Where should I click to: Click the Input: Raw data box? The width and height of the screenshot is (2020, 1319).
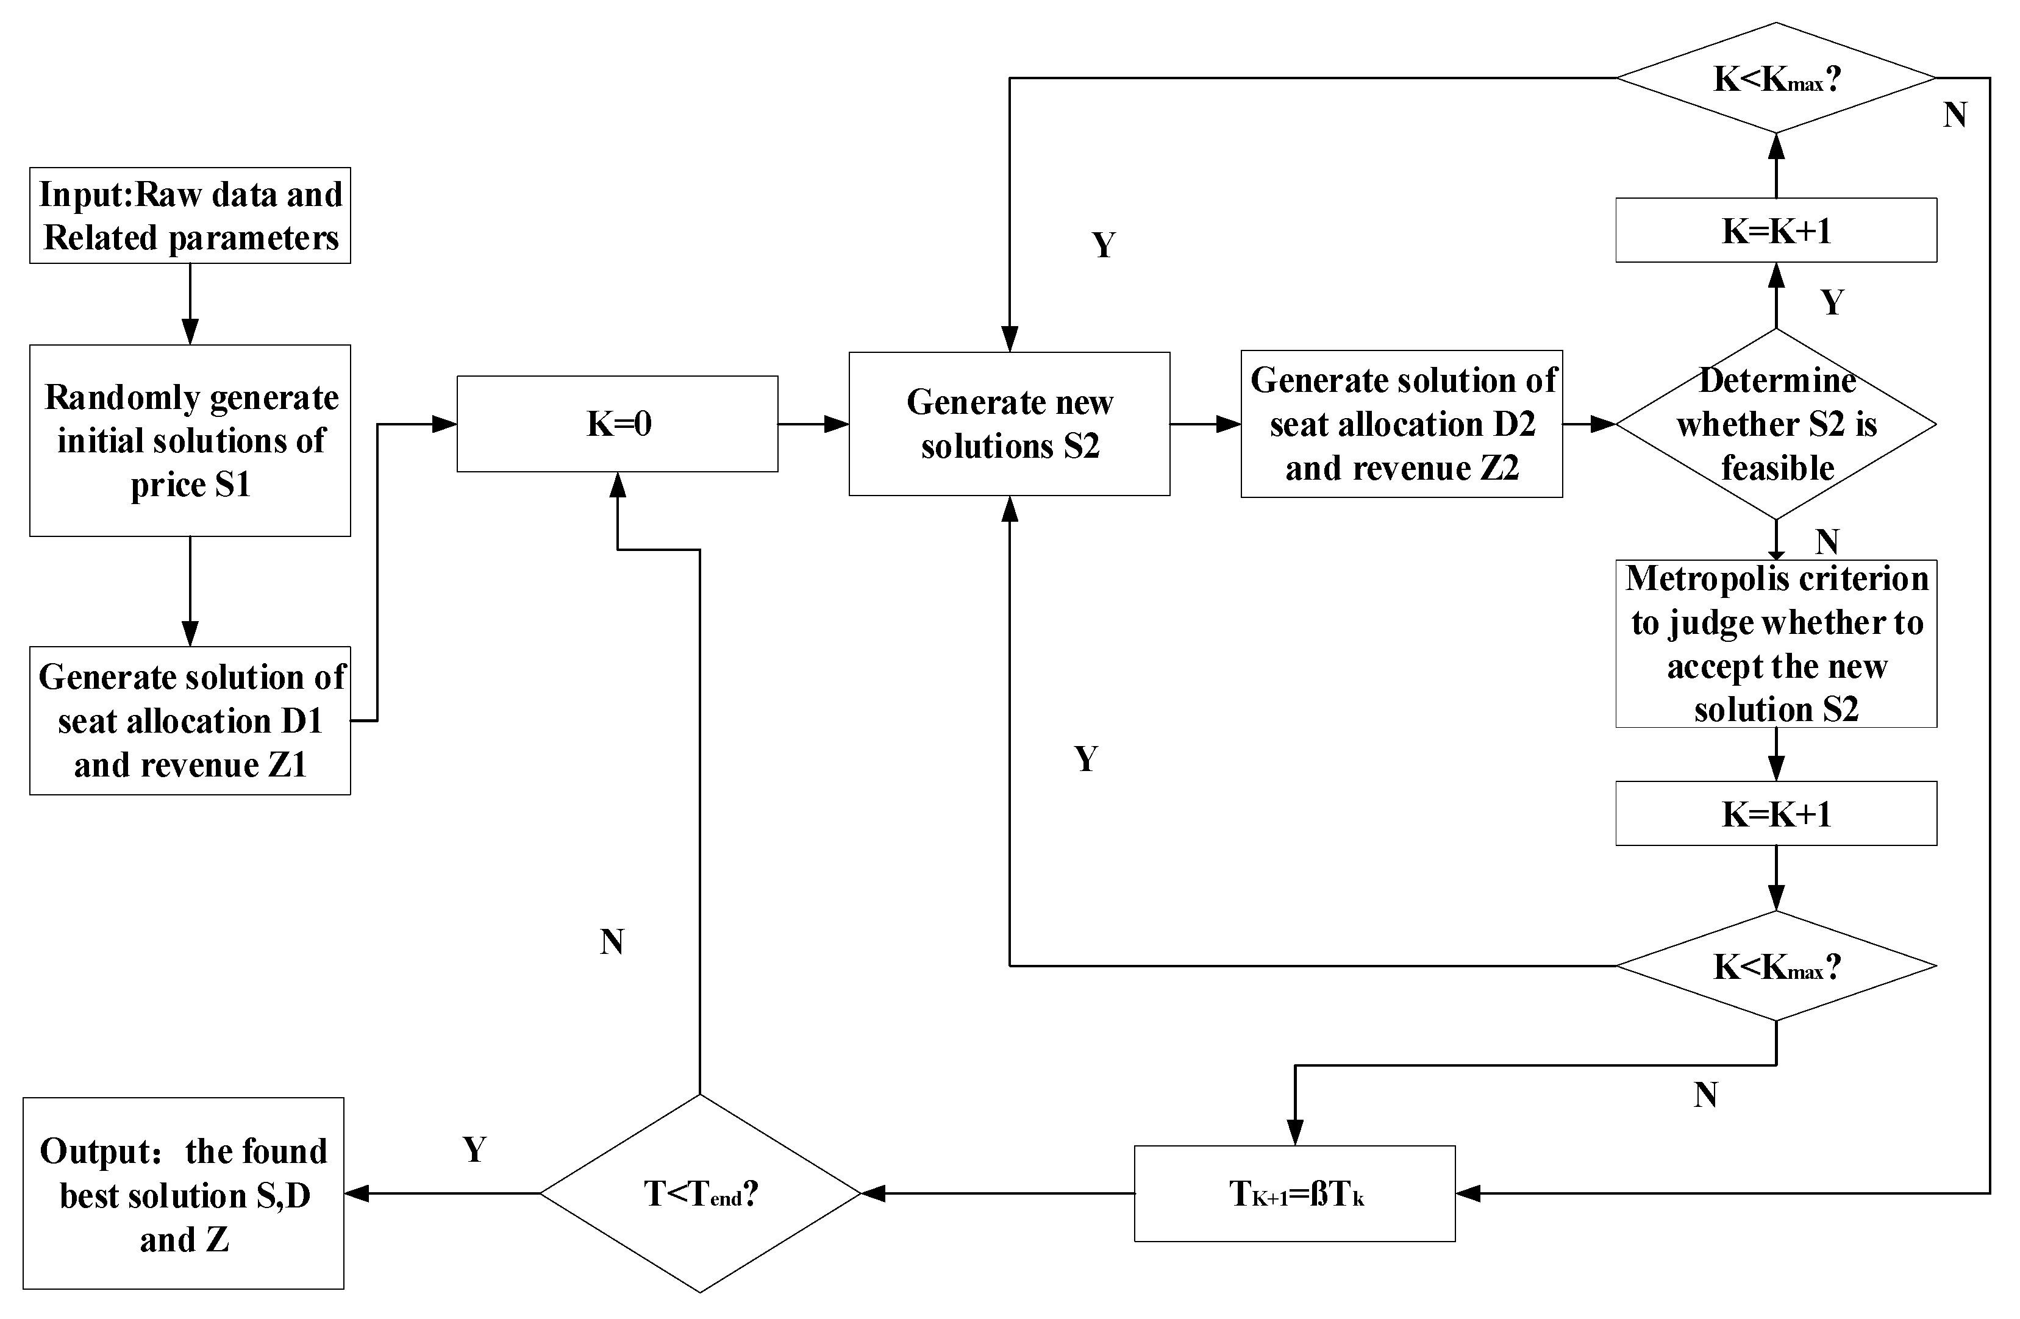[x=190, y=215]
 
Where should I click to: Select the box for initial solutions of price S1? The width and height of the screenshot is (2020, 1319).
[x=190, y=440]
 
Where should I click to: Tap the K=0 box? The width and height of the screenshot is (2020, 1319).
[x=617, y=423]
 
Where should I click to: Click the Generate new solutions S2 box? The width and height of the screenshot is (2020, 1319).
[x=1009, y=423]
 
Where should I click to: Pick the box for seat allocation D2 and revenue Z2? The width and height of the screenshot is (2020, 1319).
[x=1401, y=423]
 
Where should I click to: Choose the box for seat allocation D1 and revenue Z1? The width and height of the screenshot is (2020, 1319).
[x=190, y=720]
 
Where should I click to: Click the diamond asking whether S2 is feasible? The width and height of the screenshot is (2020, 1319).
[x=1776, y=423]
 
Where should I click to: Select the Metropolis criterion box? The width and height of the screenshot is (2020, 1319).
[x=1776, y=643]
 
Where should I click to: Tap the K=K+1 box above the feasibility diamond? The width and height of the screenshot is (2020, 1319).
[x=1776, y=230]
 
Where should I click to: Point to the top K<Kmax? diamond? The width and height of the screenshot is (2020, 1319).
[x=1776, y=78]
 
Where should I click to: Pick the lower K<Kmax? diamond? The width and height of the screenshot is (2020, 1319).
[x=1776, y=965]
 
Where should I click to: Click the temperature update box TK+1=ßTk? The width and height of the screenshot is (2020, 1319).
[x=1294, y=1193]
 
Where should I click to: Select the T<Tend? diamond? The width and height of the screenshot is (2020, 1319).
[x=700, y=1193]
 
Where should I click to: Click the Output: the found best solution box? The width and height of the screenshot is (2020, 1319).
[x=184, y=1193]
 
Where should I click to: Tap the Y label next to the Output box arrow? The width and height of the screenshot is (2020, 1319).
[x=474, y=1150]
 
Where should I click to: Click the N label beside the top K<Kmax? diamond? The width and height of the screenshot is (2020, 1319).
[x=1955, y=115]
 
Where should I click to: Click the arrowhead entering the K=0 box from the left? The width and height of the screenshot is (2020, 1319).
[x=444, y=423]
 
